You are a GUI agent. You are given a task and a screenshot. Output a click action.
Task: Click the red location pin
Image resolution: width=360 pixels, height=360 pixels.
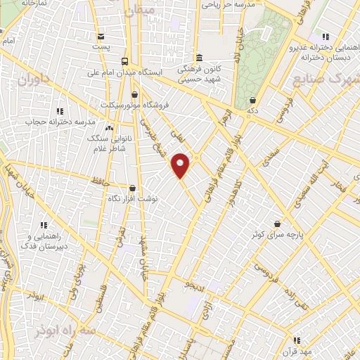point(181,165)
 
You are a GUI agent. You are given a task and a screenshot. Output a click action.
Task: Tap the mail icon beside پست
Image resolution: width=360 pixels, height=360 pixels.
point(102,36)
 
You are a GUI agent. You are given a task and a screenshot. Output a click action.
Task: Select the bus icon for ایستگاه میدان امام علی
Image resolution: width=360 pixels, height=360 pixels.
point(124,60)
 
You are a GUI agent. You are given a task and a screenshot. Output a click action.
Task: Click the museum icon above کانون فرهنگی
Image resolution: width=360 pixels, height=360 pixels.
point(200,58)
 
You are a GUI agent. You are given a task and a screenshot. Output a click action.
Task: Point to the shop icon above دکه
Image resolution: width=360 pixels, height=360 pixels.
point(252,101)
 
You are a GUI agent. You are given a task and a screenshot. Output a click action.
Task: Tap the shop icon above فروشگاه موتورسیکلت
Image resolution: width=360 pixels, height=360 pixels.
point(134,94)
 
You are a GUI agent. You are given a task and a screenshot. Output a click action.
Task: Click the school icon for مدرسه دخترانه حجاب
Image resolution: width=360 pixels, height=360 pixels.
point(60,110)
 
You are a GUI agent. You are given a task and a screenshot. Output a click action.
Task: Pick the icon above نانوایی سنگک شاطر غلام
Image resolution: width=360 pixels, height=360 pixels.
point(109,128)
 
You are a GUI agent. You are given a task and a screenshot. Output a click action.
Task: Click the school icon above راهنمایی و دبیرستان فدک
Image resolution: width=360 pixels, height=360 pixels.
point(43,225)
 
